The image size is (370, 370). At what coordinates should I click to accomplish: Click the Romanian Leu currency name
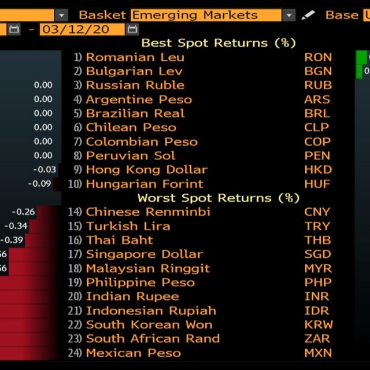tap(135, 57)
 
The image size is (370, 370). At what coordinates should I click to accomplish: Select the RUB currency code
tap(318, 85)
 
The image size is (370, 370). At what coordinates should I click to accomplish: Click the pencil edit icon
tap(309, 15)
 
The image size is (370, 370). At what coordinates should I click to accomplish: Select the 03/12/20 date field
tap(82, 29)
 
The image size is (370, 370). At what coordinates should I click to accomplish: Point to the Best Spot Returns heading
tap(219, 43)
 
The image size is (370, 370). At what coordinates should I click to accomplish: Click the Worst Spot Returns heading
tap(219, 198)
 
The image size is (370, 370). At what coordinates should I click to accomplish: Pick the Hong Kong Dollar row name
tap(146, 169)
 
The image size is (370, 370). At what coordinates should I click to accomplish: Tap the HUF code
tap(318, 184)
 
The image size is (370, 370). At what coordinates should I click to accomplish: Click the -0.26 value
tap(23, 212)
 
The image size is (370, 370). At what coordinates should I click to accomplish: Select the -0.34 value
tap(16, 226)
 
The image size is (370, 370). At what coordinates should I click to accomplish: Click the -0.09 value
tap(39, 184)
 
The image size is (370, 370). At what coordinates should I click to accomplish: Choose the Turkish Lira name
tap(128, 226)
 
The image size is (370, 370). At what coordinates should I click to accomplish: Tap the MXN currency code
tap(318, 353)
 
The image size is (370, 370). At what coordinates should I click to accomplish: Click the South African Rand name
tap(153, 339)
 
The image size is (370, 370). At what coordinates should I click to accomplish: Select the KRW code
tap(318, 324)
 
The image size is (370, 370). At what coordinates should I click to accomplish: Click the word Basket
tap(102, 15)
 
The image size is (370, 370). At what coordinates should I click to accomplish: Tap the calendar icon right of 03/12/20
tap(132, 29)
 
